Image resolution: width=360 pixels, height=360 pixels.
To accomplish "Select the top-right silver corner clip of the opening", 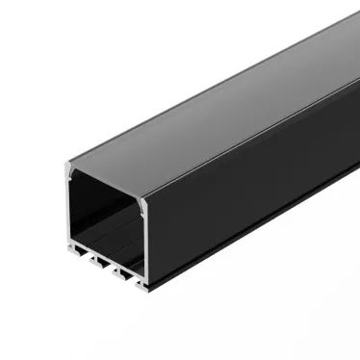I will coord(141,203).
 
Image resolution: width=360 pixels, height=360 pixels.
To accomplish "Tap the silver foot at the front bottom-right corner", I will coord(143,286).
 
